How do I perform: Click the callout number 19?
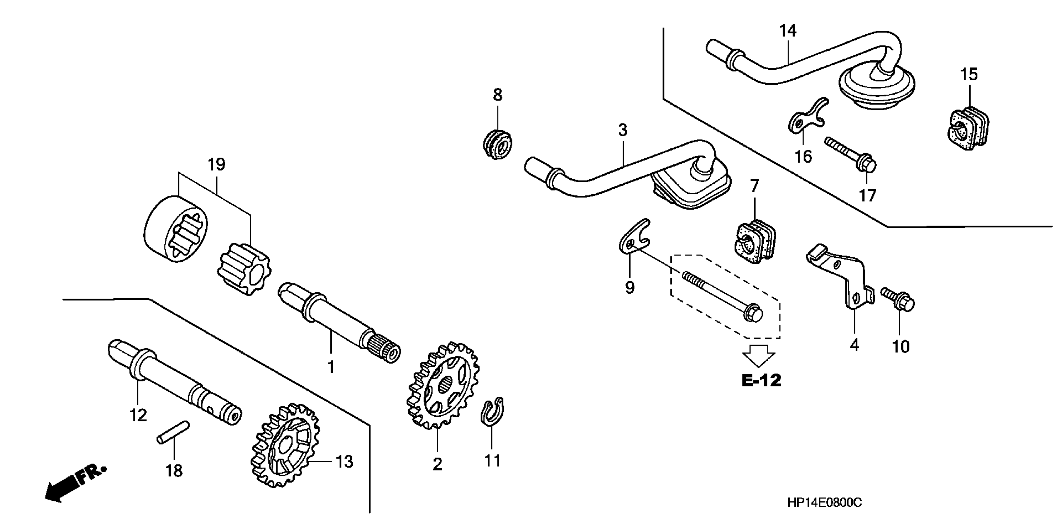click(217, 165)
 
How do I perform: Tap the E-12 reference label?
click(761, 380)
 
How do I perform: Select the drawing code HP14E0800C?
click(825, 503)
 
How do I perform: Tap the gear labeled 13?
click(286, 446)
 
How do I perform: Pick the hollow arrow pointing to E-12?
click(759, 355)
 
